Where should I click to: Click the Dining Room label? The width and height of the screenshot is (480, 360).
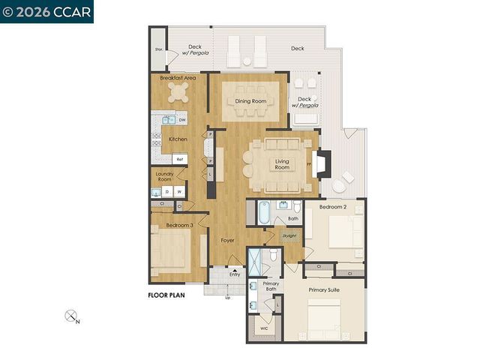(x=251, y=101)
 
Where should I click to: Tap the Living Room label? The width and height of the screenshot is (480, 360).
(x=282, y=165)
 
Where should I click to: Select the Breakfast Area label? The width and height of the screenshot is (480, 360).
(x=178, y=78)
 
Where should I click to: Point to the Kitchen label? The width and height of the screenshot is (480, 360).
(x=178, y=139)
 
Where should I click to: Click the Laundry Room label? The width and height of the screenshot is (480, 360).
(x=164, y=177)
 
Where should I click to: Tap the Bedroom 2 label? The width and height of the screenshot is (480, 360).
(x=332, y=206)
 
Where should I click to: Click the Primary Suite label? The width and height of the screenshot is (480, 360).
(x=324, y=289)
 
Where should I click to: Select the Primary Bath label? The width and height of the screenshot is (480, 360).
(x=271, y=287)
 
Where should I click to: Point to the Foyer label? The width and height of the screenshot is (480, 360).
(x=228, y=241)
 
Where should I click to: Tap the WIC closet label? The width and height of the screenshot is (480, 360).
(x=263, y=328)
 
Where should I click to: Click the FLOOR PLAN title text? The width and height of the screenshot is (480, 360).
(x=166, y=295)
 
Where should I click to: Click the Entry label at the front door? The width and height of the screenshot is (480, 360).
(x=235, y=274)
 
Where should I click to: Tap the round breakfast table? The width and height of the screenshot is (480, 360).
(x=179, y=92)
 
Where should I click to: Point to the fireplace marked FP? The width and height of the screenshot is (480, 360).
(x=320, y=163)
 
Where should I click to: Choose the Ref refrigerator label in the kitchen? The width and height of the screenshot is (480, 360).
(x=179, y=159)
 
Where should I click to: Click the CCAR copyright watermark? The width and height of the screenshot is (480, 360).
(x=46, y=11)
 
